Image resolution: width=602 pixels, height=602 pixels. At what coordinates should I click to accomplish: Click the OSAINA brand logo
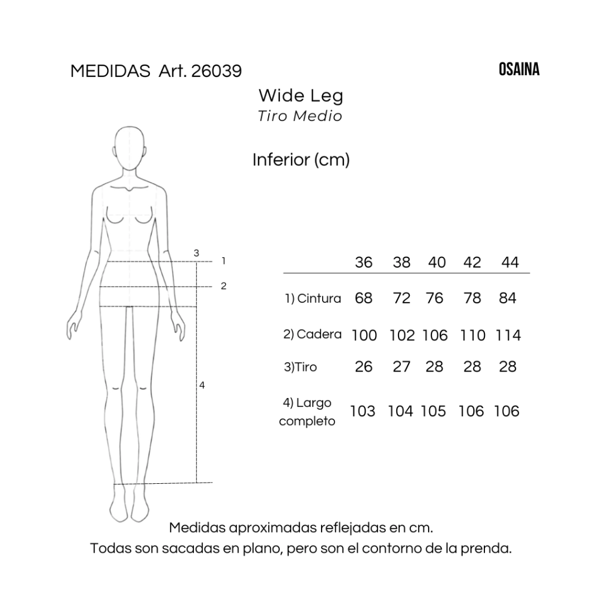pyautogui.click(x=519, y=69)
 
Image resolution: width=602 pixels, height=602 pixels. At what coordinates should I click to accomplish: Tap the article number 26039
pyautogui.click(x=216, y=71)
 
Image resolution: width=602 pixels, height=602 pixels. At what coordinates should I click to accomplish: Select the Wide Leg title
pyautogui.click(x=300, y=95)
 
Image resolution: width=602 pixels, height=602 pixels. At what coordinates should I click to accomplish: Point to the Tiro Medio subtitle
pyautogui.click(x=300, y=116)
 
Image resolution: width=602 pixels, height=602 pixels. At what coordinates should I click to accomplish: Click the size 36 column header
pyautogui.click(x=364, y=262)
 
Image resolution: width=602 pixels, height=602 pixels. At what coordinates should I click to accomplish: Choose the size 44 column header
pyautogui.click(x=510, y=262)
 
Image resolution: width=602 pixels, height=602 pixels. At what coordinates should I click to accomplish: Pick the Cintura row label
pyautogui.click(x=313, y=298)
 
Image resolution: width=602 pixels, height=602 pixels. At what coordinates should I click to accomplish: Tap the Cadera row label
pyautogui.click(x=312, y=335)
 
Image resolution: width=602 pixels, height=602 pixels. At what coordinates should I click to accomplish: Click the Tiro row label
pyautogui.click(x=300, y=367)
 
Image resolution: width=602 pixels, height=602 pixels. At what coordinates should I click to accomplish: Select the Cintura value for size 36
pyautogui.click(x=364, y=298)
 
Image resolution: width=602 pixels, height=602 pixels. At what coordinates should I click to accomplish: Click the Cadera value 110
pyautogui.click(x=473, y=335)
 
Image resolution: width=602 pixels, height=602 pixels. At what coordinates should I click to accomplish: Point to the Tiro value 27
pyautogui.click(x=402, y=367)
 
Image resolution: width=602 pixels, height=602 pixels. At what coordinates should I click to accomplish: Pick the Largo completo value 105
pyautogui.click(x=433, y=411)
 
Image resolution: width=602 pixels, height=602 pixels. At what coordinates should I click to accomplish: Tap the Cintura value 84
pyautogui.click(x=507, y=298)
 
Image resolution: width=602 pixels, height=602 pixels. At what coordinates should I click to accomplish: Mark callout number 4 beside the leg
pyautogui.click(x=202, y=386)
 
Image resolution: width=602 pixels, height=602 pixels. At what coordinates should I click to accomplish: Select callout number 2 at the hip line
pyautogui.click(x=223, y=286)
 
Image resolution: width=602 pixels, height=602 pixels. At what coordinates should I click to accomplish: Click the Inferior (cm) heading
pyautogui.click(x=301, y=159)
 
